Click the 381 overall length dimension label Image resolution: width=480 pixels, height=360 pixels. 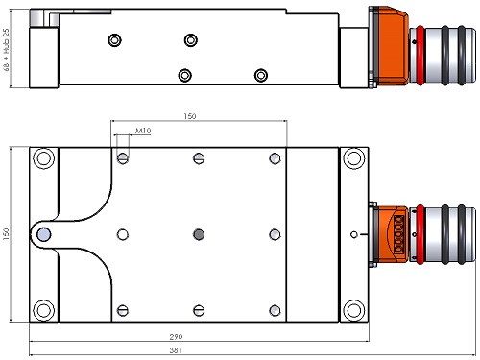coord(176,350)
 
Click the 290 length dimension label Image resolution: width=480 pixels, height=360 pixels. coord(176,337)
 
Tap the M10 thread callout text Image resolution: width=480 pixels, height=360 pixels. coord(143,131)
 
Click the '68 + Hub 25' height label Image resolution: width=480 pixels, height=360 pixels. coord(6,50)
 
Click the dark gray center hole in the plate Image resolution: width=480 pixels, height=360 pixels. coord(199,234)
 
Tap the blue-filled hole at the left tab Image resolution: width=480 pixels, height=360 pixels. coord(44,234)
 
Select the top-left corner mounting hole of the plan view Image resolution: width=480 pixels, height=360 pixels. coord(44,158)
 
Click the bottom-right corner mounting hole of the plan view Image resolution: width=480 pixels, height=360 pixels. coord(353,310)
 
